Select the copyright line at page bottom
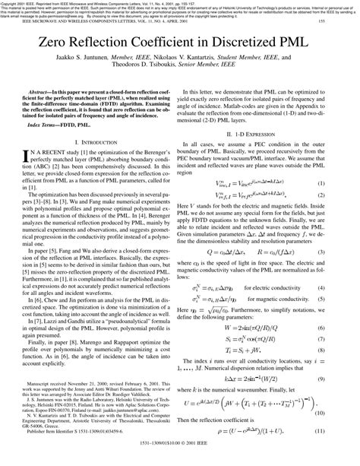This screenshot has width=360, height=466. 180,460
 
